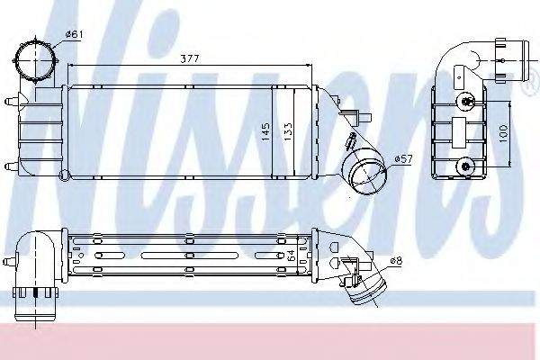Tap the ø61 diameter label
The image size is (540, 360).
click(x=74, y=35)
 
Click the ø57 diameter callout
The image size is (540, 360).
click(x=403, y=160)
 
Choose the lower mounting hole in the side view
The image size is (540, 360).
click(x=464, y=164)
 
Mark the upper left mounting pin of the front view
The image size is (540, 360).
click(x=11, y=102)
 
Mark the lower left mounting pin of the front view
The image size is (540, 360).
click(x=11, y=164)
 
